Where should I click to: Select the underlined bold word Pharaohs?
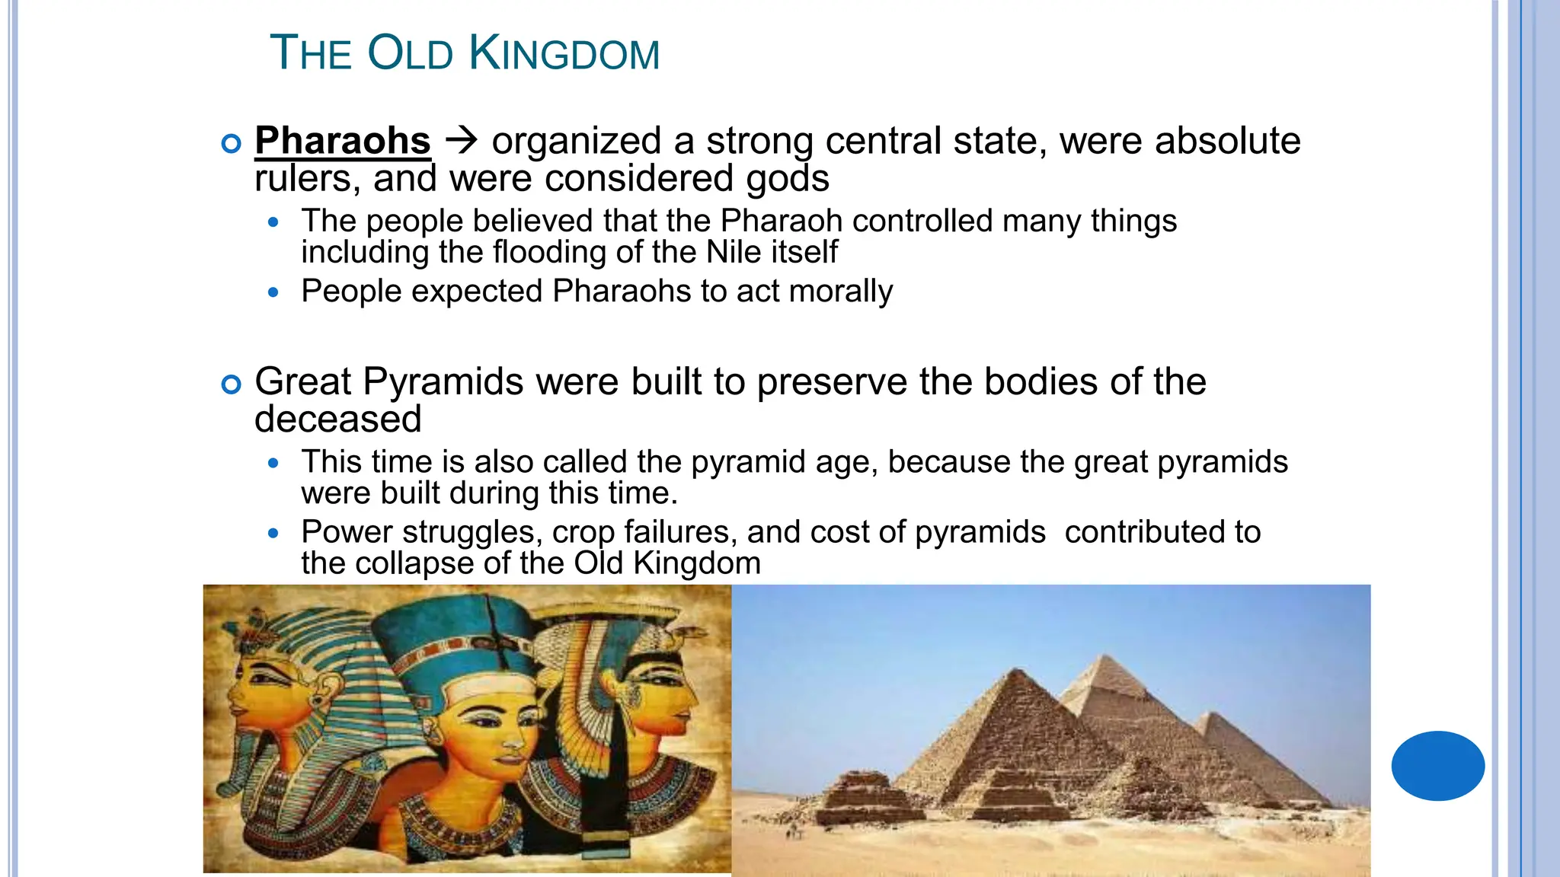tap(343, 141)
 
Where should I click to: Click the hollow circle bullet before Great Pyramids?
tap(231, 384)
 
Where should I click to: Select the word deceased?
tap(337, 419)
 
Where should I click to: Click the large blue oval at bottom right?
tap(1437, 765)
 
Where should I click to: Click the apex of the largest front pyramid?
tap(1017, 669)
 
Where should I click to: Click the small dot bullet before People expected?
tap(274, 292)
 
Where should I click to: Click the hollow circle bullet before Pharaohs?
tap(231, 143)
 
